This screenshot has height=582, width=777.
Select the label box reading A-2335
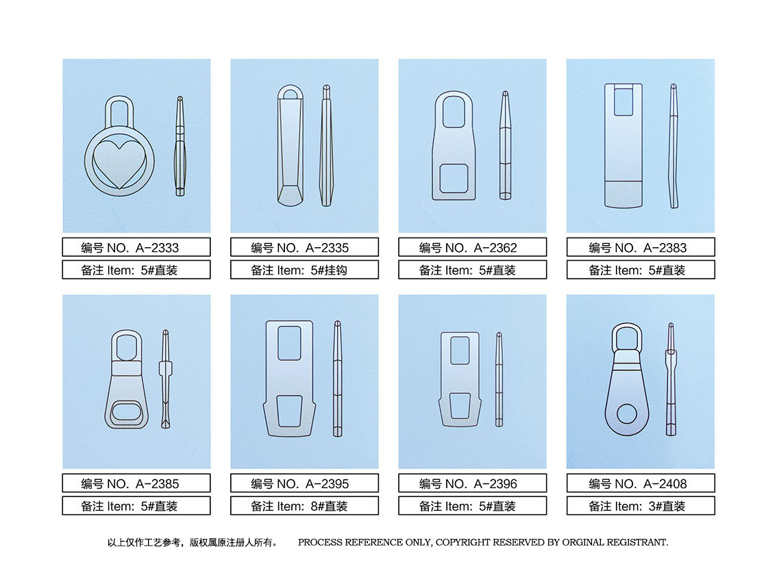[x=304, y=247]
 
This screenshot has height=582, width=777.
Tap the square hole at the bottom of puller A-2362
[x=454, y=178]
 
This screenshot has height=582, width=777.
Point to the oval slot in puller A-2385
[x=126, y=412]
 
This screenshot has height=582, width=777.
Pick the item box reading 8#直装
[x=304, y=506]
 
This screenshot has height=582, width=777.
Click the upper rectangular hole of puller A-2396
[x=460, y=351]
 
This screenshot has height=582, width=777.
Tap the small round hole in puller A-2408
[x=627, y=414]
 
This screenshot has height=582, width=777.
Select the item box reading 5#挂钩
[x=304, y=270]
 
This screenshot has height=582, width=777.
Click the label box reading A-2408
[x=641, y=483]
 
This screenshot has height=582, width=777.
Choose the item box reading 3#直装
[x=641, y=506]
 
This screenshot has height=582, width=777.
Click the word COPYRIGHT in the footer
[x=463, y=542]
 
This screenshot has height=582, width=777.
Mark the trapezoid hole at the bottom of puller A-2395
[x=289, y=411]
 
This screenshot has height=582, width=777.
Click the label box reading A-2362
[x=472, y=247]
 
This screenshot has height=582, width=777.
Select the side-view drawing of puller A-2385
[x=166, y=379]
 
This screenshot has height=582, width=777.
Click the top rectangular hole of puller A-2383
[x=624, y=101]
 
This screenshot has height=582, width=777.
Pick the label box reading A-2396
[x=472, y=483]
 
